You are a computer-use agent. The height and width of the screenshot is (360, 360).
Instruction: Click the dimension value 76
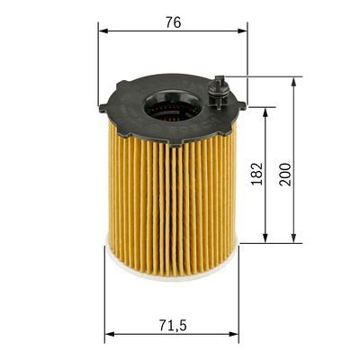(173, 22)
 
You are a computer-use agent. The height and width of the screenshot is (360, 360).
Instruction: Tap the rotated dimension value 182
(258, 175)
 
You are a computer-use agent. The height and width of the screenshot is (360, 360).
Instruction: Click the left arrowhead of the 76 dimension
(103, 31)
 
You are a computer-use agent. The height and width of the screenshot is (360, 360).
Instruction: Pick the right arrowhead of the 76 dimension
(242, 31)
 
